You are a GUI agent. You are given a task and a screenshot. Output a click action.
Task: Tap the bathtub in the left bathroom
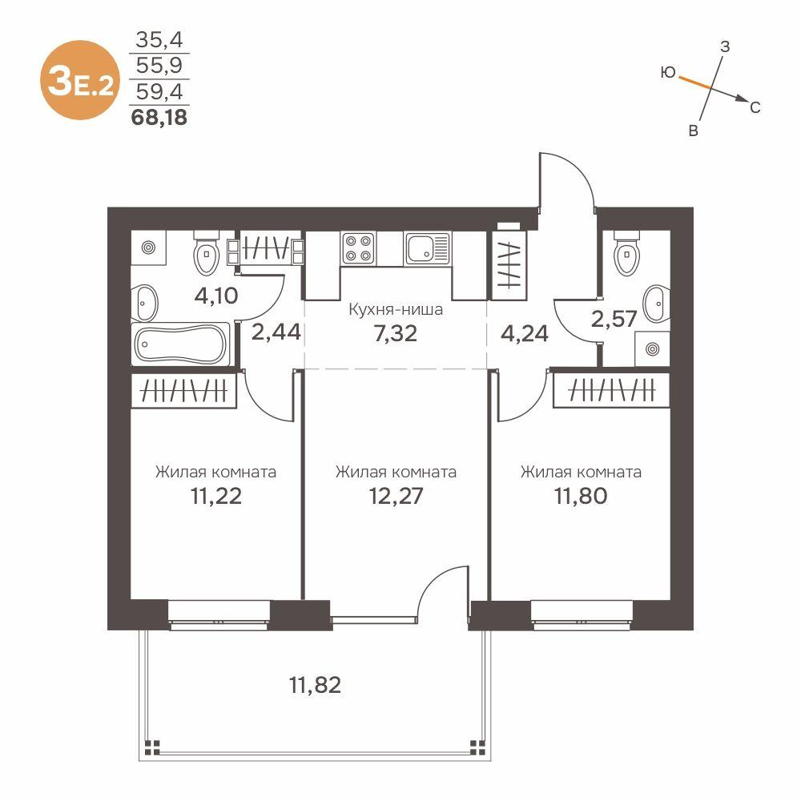(x=181, y=344)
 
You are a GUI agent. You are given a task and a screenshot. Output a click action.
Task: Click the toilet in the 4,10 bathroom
(x=206, y=253)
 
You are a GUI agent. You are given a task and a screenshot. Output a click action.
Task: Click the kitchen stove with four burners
(x=357, y=248)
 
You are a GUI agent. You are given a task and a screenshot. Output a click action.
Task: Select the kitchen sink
(x=428, y=248)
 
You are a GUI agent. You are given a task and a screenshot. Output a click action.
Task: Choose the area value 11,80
(x=581, y=495)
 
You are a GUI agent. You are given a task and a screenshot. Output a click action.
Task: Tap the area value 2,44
(x=276, y=332)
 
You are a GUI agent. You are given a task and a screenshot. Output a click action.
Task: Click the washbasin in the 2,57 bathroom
(x=656, y=299)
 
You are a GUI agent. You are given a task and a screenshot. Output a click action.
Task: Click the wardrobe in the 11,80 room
(x=610, y=392)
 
